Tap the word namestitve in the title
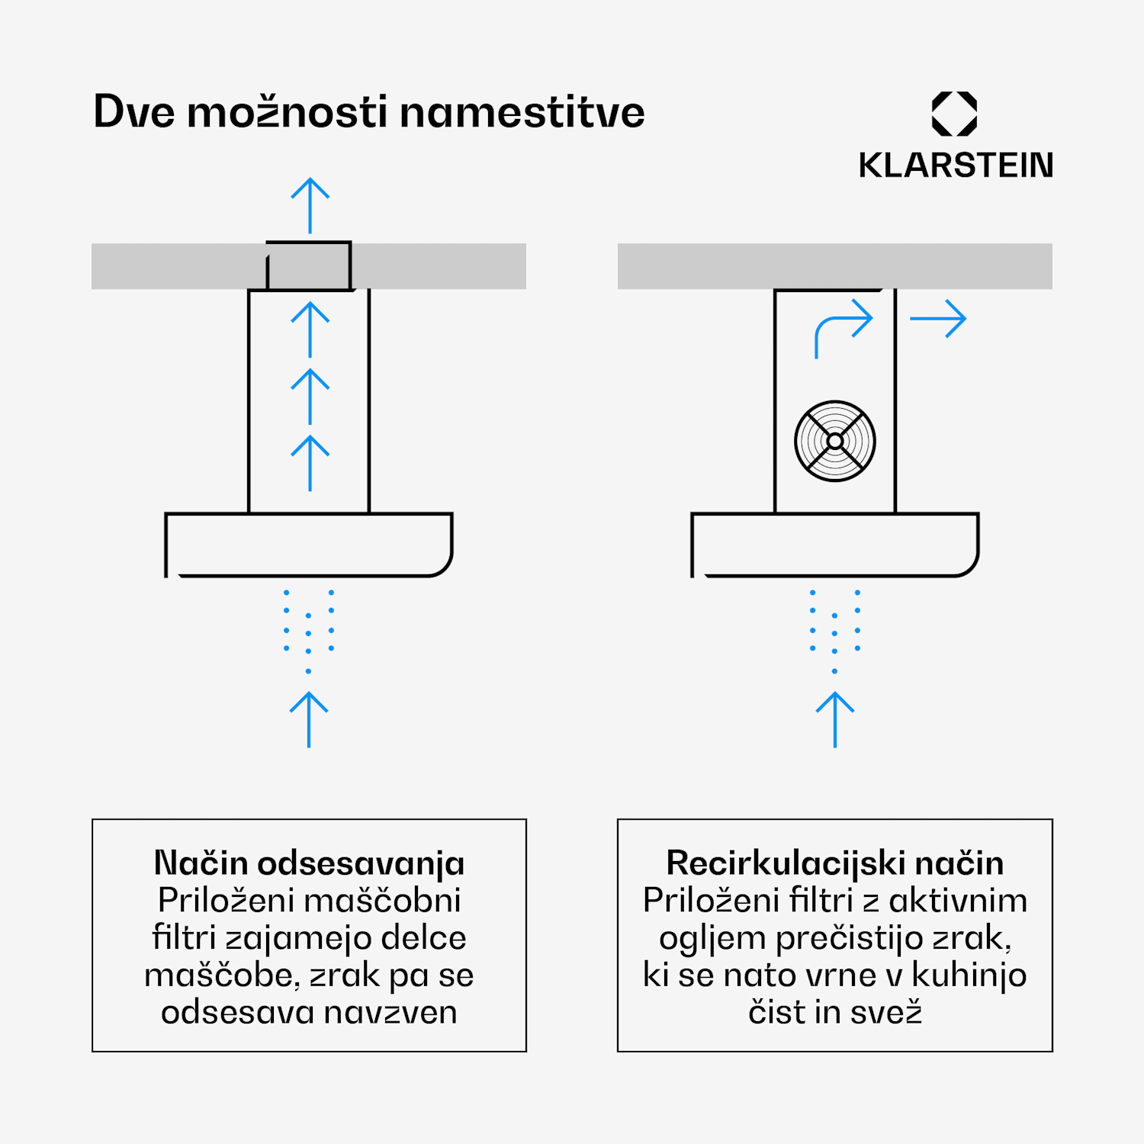point(522,112)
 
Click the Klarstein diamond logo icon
point(954,114)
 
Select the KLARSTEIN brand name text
point(956,165)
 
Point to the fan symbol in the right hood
point(835,441)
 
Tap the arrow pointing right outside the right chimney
point(938,318)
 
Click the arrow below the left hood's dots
point(309,720)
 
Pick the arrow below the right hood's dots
point(835,720)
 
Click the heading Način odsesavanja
point(309,863)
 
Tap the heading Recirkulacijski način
point(835,863)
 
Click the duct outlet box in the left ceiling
point(309,266)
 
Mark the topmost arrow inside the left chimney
point(310,330)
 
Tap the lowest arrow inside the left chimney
point(310,464)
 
